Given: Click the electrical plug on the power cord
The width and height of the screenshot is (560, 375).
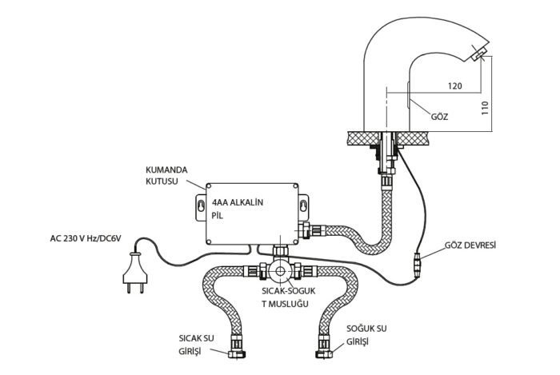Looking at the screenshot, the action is tap(134, 272).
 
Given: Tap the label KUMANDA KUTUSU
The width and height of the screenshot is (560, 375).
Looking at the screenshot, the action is tap(166, 175).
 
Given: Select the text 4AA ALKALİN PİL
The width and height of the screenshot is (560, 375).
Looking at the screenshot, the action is tap(237, 209).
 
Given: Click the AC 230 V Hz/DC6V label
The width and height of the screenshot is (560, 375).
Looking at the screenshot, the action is tap(86, 238).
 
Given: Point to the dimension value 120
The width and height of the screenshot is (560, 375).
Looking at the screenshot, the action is tap(454, 86).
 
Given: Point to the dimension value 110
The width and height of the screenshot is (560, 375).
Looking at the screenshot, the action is tap(485, 108).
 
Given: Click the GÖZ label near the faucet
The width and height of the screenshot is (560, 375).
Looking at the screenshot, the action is tap(439, 116).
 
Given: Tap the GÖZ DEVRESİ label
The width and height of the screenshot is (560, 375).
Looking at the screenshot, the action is tap(470, 245).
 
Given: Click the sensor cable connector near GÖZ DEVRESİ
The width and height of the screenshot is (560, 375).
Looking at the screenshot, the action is tap(417, 265).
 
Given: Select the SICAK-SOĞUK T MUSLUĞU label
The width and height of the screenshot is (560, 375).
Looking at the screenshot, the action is tap(289, 297).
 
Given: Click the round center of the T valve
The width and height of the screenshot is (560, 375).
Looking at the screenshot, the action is tap(280, 272).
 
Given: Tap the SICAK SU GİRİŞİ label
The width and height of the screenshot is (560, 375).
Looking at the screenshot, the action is tap(196, 345).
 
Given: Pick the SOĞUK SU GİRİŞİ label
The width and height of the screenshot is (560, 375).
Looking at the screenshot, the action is tap(366, 335).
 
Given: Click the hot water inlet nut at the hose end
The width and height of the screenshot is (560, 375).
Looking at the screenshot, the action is tap(237, 353).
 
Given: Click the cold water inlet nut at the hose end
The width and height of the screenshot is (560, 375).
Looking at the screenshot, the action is tap(324, 353).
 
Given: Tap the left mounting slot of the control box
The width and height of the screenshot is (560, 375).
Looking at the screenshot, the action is tap(201, 206).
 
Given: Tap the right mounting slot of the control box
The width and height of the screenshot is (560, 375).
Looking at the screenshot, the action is tap(303, 206).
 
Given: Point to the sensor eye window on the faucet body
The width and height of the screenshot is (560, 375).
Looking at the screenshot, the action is tap(408, 94).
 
